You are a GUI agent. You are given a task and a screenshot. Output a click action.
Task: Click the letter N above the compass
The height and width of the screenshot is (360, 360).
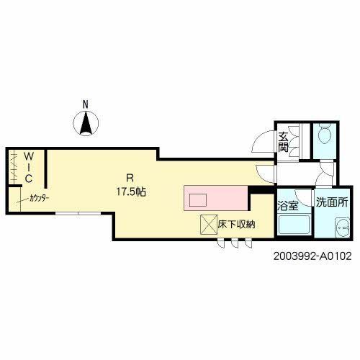(86, 104)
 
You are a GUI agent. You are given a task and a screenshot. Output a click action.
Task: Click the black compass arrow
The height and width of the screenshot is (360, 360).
(86, 123)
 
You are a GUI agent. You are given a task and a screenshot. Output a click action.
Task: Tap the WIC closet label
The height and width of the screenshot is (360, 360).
(29, 168)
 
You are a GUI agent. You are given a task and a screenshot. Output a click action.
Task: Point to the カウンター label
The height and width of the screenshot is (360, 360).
(40, 198)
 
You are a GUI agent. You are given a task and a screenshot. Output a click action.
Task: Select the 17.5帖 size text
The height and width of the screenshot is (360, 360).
(131, 192)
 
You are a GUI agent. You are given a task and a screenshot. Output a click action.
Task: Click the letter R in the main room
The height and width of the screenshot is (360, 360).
(130, 178)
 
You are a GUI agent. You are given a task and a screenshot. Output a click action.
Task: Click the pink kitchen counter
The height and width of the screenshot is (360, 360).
(216, 198)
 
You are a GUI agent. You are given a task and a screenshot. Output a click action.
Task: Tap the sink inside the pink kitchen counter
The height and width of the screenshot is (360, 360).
(198, 200)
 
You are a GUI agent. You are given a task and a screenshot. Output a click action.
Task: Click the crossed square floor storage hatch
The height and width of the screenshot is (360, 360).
(209, 225)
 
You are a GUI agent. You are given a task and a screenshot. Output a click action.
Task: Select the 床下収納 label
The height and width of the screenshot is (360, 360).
(236, 225)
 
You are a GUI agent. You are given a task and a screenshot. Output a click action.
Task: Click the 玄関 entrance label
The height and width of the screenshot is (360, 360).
(283, 143)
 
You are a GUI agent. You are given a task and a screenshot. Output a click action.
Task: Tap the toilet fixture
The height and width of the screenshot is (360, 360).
(325, 133)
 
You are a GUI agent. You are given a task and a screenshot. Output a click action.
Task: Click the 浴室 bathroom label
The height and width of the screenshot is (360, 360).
(288, 206)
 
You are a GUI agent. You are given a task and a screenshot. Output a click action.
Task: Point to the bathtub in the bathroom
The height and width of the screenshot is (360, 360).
(294, 225)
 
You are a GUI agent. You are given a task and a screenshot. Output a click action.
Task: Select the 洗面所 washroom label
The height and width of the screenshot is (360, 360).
(332, 202)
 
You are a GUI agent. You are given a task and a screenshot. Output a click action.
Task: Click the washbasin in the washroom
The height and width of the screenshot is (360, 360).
(343, 228)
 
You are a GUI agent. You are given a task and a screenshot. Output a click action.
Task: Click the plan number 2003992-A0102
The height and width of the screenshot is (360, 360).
(312, 256)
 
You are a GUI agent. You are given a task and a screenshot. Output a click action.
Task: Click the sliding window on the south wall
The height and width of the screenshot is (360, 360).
(78, 213)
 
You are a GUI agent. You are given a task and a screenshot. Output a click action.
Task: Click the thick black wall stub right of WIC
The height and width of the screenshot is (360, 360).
(45, 169)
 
